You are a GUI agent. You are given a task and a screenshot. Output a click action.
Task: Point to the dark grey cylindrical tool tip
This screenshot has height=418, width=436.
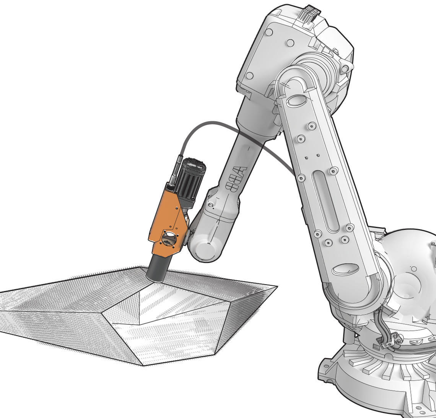pos(157,269)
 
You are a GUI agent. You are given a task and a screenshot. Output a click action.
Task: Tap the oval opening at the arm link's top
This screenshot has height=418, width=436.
pos(294,101)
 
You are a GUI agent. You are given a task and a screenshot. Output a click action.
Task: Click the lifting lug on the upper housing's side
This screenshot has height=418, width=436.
pos(345,69)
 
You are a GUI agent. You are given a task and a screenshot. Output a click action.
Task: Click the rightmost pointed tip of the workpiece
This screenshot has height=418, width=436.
pos(277,286)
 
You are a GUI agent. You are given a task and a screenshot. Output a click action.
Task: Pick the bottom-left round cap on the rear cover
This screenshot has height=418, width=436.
pos(250,76)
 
